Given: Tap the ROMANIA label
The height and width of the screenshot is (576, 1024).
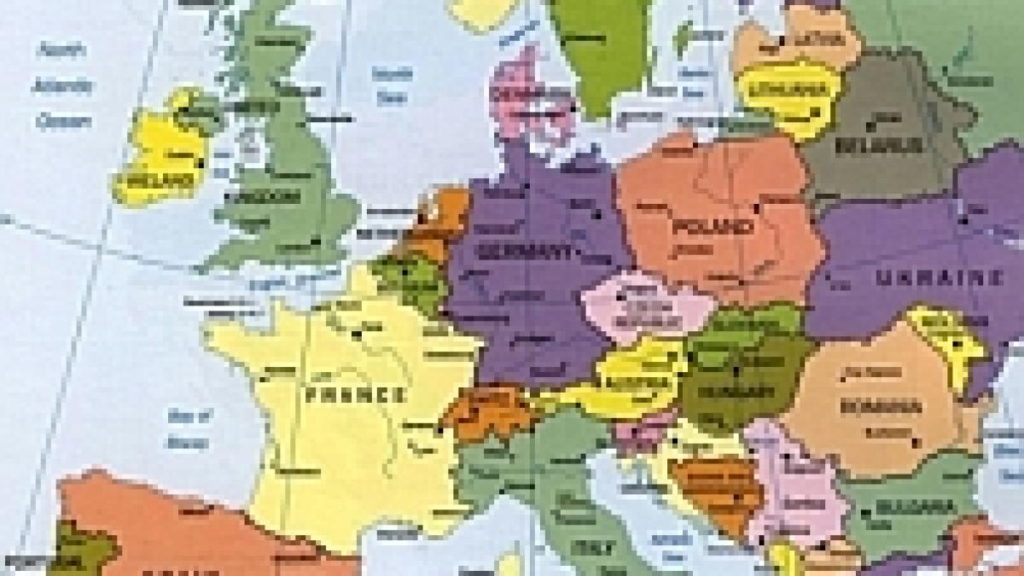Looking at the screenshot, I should tap(881, 406).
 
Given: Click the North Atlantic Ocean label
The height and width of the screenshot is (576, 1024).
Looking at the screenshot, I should tap(63, 85).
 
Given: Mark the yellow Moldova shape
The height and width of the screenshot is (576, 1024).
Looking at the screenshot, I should tap(947, 337).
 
